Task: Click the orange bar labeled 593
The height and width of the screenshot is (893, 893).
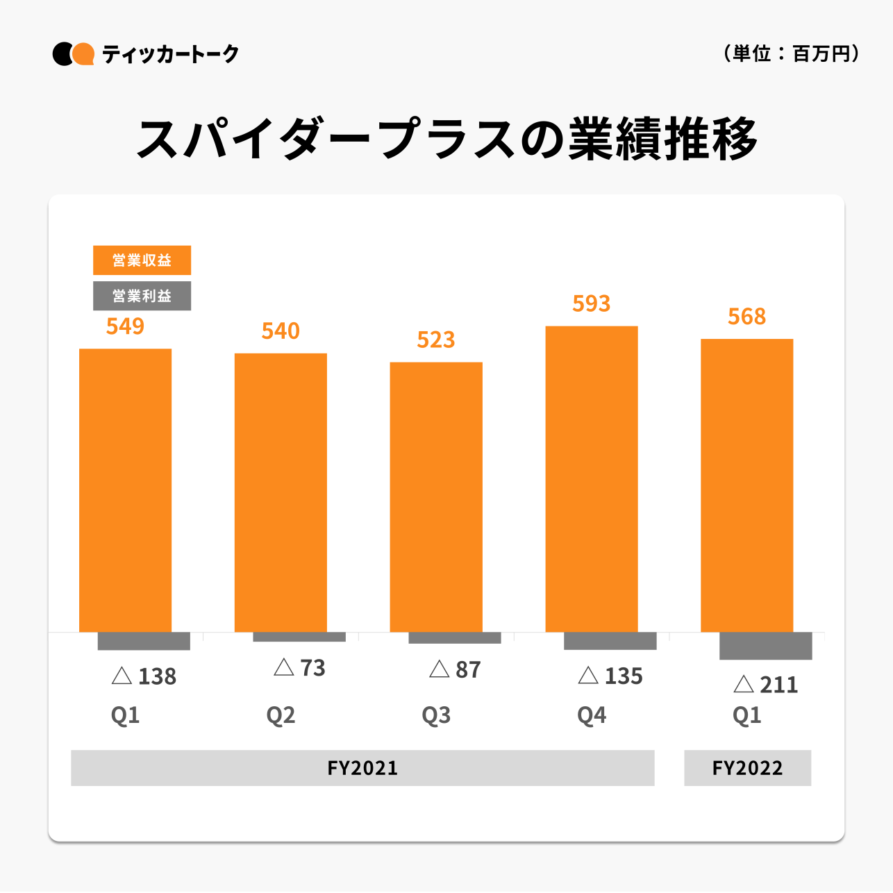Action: click(591, 478)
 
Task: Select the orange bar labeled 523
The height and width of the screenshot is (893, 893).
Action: click(436, 496)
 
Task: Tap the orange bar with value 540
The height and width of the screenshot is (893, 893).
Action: click(281, 492)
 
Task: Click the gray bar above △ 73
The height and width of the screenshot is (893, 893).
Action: click(299, 637)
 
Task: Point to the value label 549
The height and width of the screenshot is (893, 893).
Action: click(125, 326)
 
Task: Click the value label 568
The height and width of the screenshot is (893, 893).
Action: click(746, 317)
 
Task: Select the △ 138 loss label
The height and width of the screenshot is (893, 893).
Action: click(144, 676)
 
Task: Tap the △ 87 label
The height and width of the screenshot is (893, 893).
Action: click(455, 670)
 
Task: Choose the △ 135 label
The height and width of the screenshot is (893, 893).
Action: click(610, 676)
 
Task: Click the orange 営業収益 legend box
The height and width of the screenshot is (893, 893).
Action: click(142, 260)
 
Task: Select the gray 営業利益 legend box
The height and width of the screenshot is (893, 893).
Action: click(142, 296)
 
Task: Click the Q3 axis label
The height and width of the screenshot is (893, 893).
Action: click(436, 715)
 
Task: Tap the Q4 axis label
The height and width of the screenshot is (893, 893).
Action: click(592, 715)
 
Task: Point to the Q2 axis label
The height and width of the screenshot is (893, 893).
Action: click(281, 715)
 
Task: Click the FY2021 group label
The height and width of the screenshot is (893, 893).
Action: click(362, 768)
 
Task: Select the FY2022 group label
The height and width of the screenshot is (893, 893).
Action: click(747, 768)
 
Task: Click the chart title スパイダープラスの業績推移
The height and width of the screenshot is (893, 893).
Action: click(446, 140)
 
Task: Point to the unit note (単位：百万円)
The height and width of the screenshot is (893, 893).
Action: click(791, 53)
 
